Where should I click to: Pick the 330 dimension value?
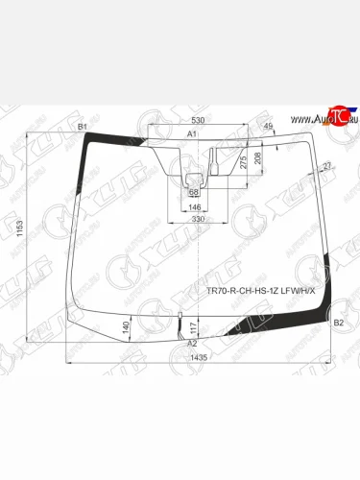tap(197, 220)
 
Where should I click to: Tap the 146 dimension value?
tap(194, 206)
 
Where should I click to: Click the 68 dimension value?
tap(195, 193)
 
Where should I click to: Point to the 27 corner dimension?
tap(327, 168)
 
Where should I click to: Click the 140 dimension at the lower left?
tap(127, 327)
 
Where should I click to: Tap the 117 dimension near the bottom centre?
tap(192, 329)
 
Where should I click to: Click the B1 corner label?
tap(82, 127)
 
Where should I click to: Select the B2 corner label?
tap(337, 323)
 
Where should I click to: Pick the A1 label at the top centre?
tap(192, 133)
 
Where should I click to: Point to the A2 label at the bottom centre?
tap(192, 344)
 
